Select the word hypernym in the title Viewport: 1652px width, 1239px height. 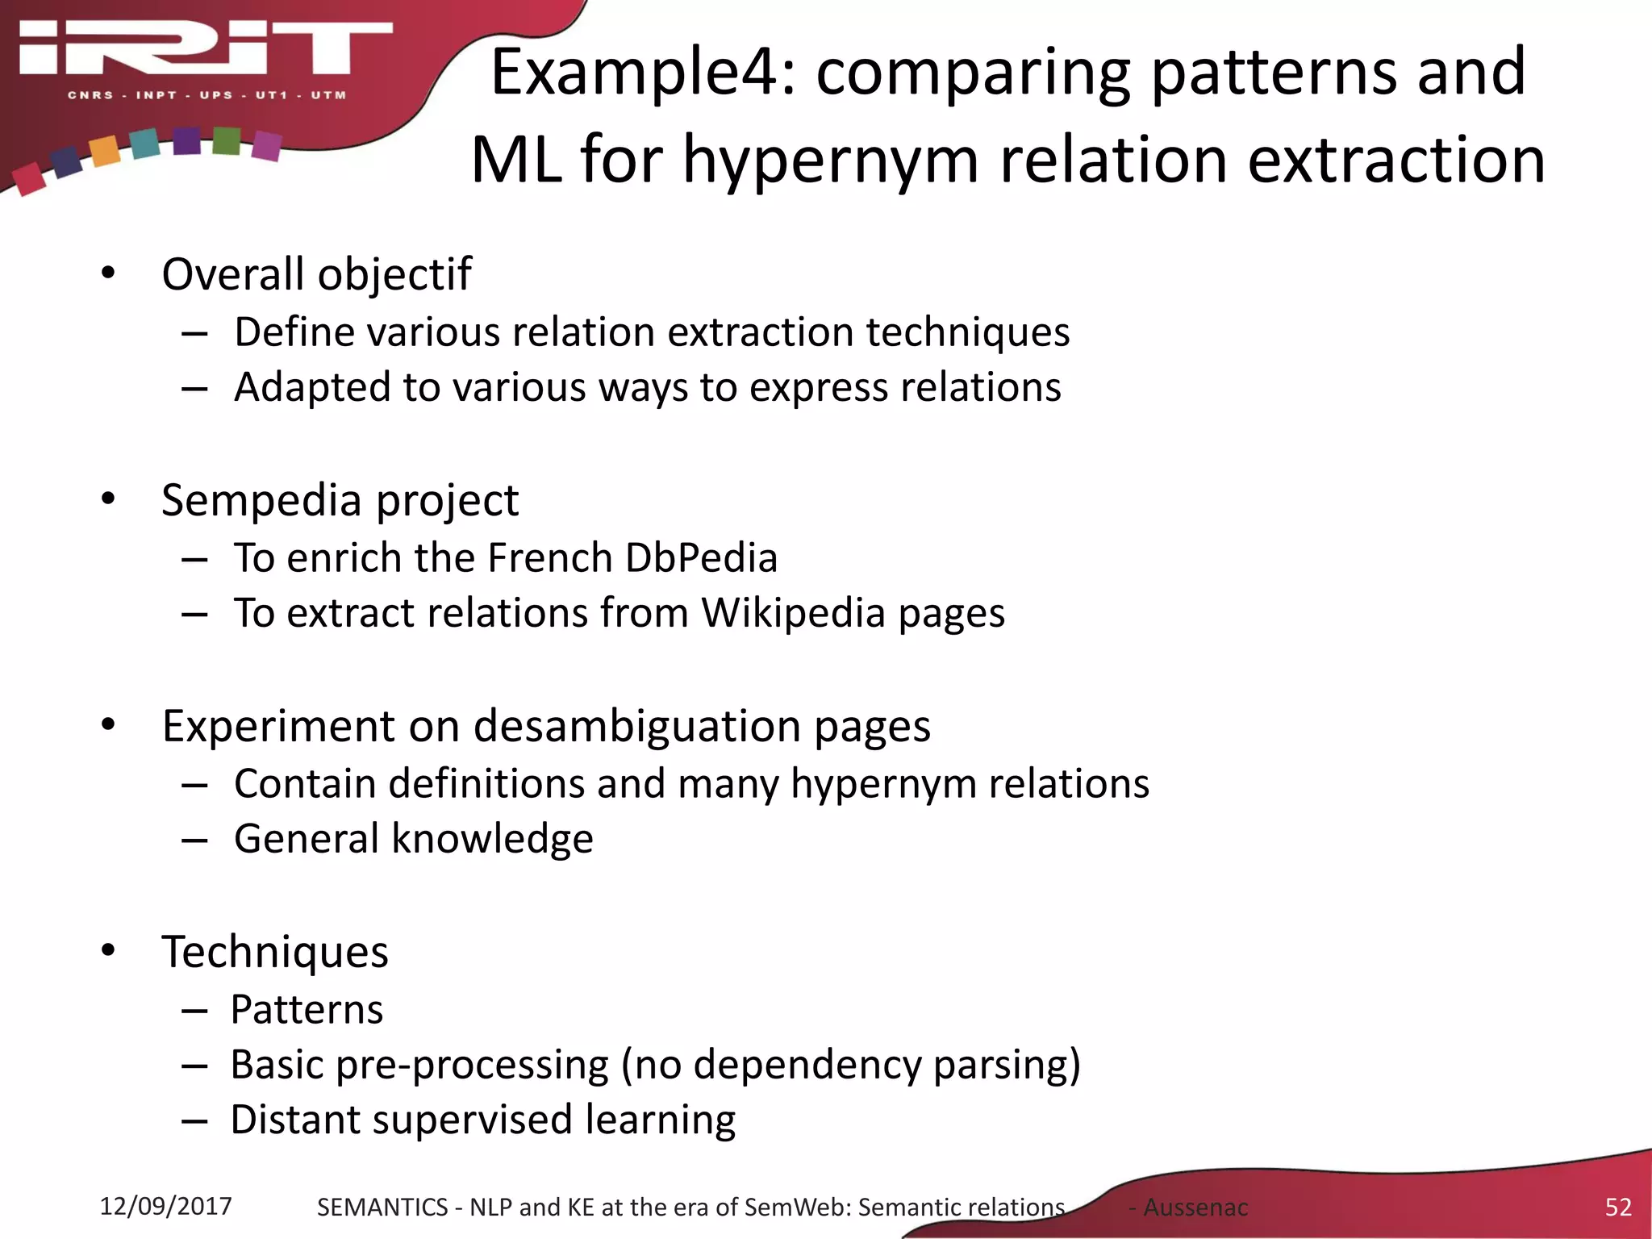pos(831,160)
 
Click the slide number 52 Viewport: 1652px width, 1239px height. pos(1618,1207)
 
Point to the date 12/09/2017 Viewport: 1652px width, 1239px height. pos(165,1206)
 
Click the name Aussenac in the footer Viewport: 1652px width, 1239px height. pos(1195,1208)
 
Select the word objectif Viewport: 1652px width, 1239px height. pos(394,274)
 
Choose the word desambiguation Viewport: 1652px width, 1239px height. pos(637,726)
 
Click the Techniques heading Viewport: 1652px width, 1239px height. pos(275,952)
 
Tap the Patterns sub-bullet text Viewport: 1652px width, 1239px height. pos(307,1010)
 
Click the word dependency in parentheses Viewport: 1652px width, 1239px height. pos(807,1065)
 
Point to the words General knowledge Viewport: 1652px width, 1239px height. pos(414,839)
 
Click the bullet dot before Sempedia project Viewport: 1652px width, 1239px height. pos(108,499)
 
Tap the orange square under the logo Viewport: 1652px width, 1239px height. pos(105,151)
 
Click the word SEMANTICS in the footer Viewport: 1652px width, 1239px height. pos(382,1208)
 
